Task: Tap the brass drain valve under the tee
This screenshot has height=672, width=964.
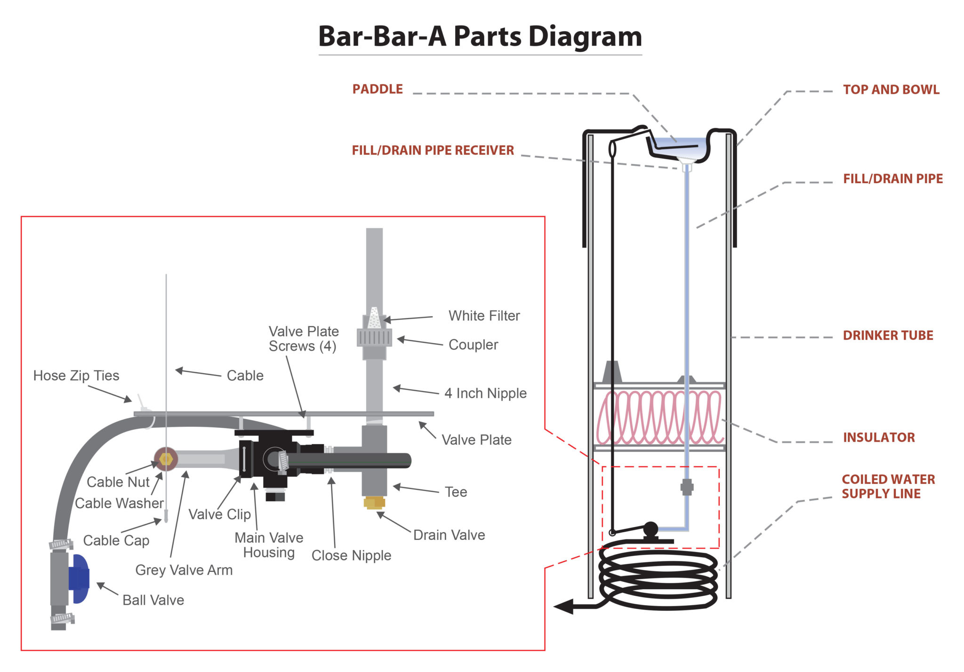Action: [374, 503]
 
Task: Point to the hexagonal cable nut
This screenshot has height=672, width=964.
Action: [166, 459]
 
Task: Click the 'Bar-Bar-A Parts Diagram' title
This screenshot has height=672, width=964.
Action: [480, 36]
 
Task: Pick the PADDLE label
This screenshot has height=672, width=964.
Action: [378, 89]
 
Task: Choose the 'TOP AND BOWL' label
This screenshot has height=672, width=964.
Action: [891, 90]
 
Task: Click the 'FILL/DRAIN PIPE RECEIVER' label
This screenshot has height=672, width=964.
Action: [433, 151]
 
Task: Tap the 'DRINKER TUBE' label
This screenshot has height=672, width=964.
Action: [888, 336]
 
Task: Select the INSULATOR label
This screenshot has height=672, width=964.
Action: [879, 438]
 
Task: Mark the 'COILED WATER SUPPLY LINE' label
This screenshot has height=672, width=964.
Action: [888, 487]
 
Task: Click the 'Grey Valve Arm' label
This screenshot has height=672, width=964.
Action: [184, 570]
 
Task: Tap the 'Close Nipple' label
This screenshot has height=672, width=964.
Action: [351, 556]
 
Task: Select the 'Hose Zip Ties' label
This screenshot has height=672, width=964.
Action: [76, 376]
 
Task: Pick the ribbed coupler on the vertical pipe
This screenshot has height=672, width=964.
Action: [374, 337]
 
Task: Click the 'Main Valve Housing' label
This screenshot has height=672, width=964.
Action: [269, 545]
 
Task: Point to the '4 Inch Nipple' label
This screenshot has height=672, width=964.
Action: [485, 393]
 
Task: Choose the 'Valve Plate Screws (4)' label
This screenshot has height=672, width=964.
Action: [304, 339]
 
